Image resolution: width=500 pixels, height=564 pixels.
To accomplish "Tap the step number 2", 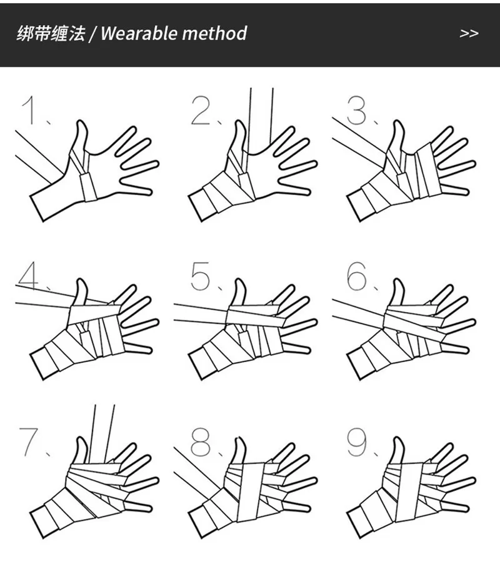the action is [201, 111].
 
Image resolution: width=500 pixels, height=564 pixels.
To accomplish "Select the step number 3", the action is [357, 111].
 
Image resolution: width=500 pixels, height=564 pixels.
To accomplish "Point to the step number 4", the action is [29, 276].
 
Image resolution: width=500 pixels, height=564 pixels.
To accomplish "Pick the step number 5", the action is [201, 276].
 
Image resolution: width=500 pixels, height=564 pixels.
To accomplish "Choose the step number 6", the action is [357, 276].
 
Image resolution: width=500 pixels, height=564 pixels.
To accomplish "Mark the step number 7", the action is [29, 442].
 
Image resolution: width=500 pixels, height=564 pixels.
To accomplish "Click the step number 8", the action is [201, 442].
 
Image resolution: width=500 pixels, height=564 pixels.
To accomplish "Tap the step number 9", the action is [357, 442].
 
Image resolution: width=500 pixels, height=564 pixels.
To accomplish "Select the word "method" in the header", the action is [214, 33].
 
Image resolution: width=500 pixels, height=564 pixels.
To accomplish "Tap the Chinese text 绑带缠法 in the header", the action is [51, 33].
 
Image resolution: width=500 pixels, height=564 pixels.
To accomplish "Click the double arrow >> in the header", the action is [469, 33].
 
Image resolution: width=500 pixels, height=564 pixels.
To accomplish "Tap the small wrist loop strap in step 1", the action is [88, 186].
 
